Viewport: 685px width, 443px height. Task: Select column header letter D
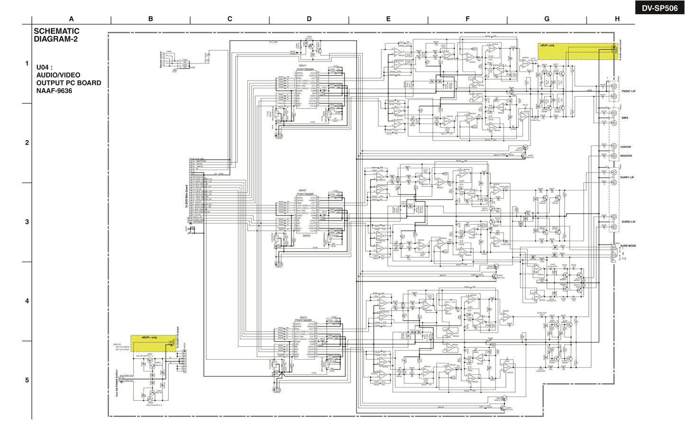[309, 19]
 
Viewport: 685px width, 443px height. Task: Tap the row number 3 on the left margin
[27, 222]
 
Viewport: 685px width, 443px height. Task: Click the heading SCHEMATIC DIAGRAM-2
[56, 35]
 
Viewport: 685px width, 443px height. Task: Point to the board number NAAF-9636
[54, 90]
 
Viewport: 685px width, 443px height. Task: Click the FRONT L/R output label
[628, 91]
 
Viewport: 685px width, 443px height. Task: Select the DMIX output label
[624, 118]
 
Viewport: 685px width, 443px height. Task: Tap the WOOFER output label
[626, 155]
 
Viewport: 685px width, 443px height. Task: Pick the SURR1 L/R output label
[628, 177]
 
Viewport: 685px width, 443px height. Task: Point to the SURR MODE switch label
[628, 246]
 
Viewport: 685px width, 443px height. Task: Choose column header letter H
[617, 19]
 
